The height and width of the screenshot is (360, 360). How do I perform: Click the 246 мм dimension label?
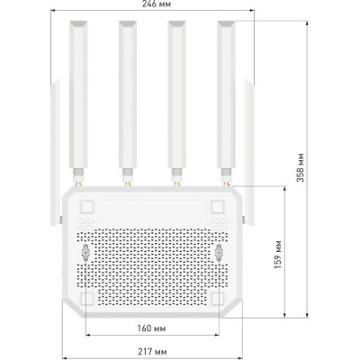click(157, 4)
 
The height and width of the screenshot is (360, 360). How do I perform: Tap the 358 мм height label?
click(301, 167)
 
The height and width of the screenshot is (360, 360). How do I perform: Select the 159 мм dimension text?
click(278, 255)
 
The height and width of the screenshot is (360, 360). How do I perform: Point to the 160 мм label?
click(152, 328)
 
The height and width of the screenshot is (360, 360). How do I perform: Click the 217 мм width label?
click(153, 351)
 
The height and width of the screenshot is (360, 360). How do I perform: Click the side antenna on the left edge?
click(55, 152)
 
